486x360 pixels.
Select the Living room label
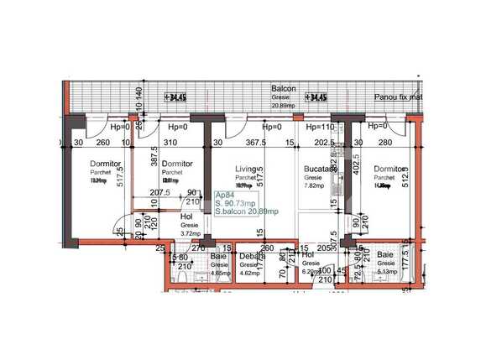pos(246,168)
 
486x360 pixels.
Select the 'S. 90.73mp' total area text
pos(236,202)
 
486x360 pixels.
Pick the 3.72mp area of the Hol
pos(190,233)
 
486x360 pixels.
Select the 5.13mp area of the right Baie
pos(387,271)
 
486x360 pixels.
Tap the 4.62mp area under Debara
pos(248,273)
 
